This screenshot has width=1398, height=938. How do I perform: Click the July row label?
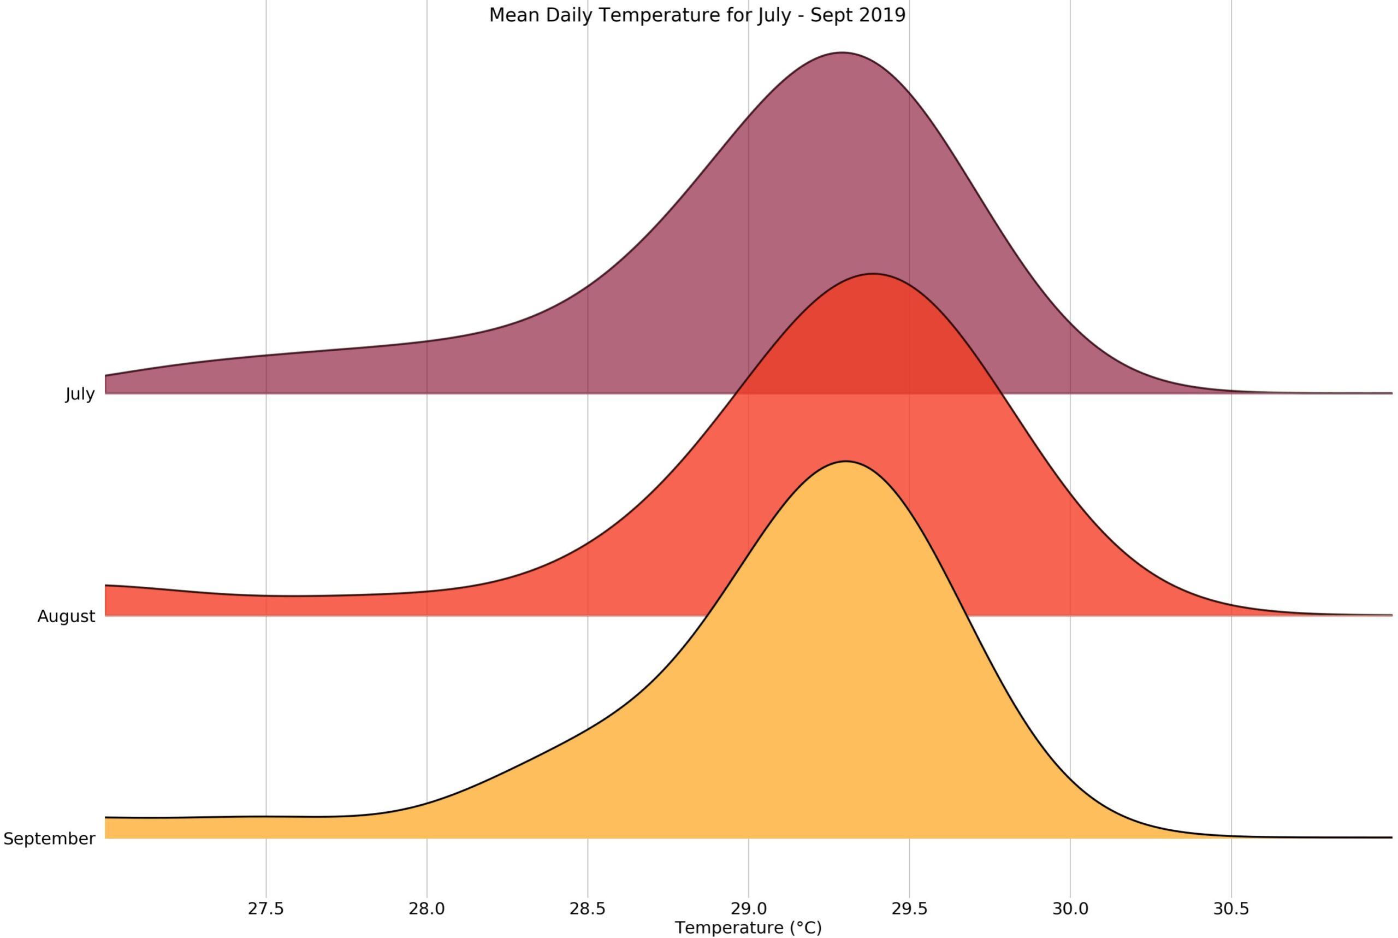click(x=80, y=394)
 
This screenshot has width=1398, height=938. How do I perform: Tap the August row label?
click(x=67, y=617)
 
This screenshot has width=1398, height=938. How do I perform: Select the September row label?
click(x=49, y=839)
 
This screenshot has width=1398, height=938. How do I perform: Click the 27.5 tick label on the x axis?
click(x=266, y=908)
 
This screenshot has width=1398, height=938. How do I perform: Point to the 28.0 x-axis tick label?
click(x=427, y=908)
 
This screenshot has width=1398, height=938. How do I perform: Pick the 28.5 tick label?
click(x=588, y=908)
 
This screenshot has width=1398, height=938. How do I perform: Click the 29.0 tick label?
click(x=749, y=908)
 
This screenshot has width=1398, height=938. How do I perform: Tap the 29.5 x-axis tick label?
click(x=909, y=908)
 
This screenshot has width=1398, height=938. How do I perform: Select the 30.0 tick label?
click(x=1070, y=908)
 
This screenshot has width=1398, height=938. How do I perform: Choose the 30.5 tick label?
click(x=1231, y=908)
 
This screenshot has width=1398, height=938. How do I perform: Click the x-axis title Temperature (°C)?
click(x=749, y=928)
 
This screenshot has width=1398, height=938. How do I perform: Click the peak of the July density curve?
click(x=842, y=52)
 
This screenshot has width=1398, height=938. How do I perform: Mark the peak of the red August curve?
click(x=874, y=274)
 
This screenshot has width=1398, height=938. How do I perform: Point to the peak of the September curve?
click(x=845, y=461)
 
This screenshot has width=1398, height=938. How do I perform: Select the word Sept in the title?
click(x=831, y=15)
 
